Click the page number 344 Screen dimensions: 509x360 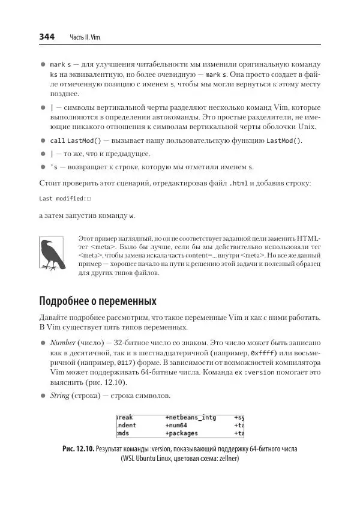click(x=47, y=37)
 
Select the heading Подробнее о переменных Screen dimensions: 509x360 click(x=98, y=300)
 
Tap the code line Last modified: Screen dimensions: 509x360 click(x=64, y=198)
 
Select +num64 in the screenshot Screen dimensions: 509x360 click(x=178, y=425)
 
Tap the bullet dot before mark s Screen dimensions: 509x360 click(x=43, y=64)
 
